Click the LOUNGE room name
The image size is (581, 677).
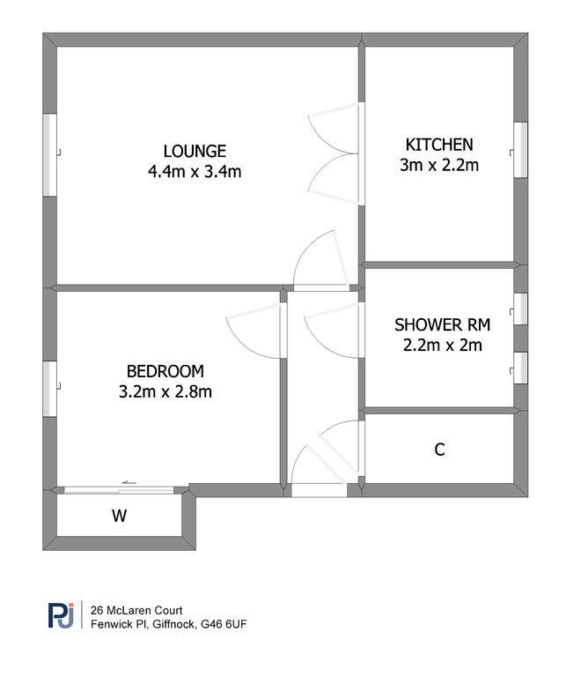194,151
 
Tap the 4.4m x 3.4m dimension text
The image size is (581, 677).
194,172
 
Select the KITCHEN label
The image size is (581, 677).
439,145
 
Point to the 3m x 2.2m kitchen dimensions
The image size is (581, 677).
439,165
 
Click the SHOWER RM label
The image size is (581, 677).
442,324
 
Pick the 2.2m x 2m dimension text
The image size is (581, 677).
442,345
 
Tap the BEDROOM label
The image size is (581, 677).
165,370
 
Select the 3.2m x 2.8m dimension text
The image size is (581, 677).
165,391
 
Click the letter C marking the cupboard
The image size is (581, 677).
439,450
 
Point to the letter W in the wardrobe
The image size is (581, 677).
118,517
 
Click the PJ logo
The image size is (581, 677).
62,614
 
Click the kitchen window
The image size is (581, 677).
520,150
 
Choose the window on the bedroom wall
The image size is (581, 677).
51,387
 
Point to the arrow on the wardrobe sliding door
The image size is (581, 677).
129,483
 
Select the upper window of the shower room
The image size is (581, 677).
520,309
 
